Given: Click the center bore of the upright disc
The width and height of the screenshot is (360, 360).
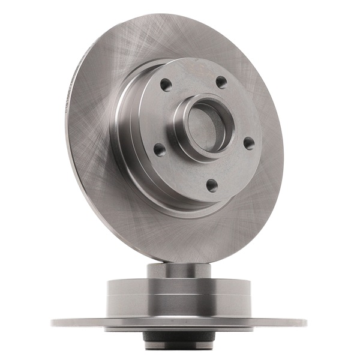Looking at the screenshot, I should (x=204, y=127).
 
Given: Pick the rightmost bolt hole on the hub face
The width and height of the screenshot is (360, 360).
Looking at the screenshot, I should (x=249, y=142).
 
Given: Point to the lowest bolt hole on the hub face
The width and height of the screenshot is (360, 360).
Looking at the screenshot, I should (x=211, y=184).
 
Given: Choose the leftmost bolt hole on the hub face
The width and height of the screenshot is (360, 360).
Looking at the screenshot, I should (x=158, y=149).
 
